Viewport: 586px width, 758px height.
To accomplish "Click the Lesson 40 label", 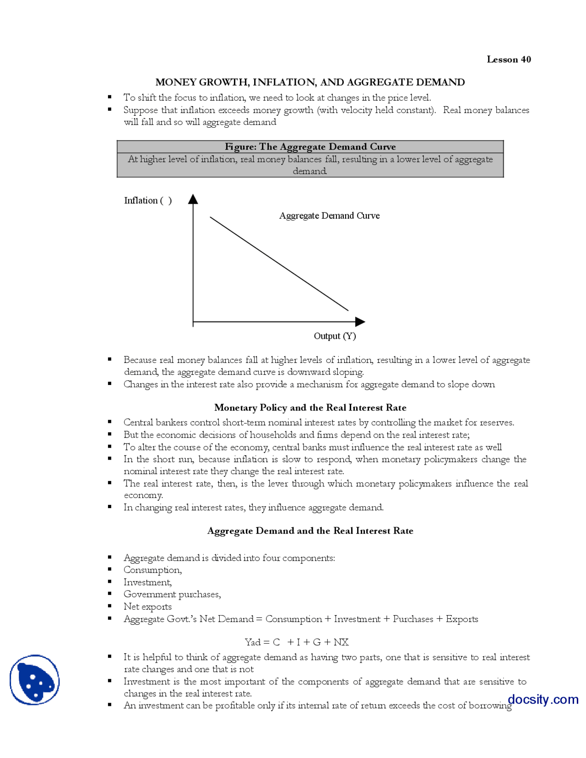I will point(508,59).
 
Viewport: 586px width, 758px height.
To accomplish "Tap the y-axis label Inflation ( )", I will point(147,200).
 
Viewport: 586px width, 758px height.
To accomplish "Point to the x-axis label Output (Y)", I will point(335,336).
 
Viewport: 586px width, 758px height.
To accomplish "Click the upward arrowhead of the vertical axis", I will point(193,199).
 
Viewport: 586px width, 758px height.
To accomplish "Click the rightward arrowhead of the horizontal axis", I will point(360,322).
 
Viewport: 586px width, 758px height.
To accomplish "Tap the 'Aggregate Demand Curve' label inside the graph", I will point(329,216).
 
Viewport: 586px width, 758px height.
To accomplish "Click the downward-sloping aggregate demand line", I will point(279,264).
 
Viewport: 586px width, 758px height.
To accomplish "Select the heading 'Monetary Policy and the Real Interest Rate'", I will point(310,407).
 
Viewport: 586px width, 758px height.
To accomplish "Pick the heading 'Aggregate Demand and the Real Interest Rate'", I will point(310,531).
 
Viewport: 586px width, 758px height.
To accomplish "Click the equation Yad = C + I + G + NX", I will point(297,642).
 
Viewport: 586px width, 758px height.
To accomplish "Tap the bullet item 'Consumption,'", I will point(152,570).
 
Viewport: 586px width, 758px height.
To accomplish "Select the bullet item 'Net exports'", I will point(147,606).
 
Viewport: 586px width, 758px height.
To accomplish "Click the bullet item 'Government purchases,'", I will point(172,594).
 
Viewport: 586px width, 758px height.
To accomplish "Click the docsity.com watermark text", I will point(543,699).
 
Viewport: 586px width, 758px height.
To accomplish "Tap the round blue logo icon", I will point(35,680).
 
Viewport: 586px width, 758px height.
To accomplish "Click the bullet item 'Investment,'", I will point(147,582).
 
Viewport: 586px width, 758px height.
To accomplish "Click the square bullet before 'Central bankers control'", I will point(110,422).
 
